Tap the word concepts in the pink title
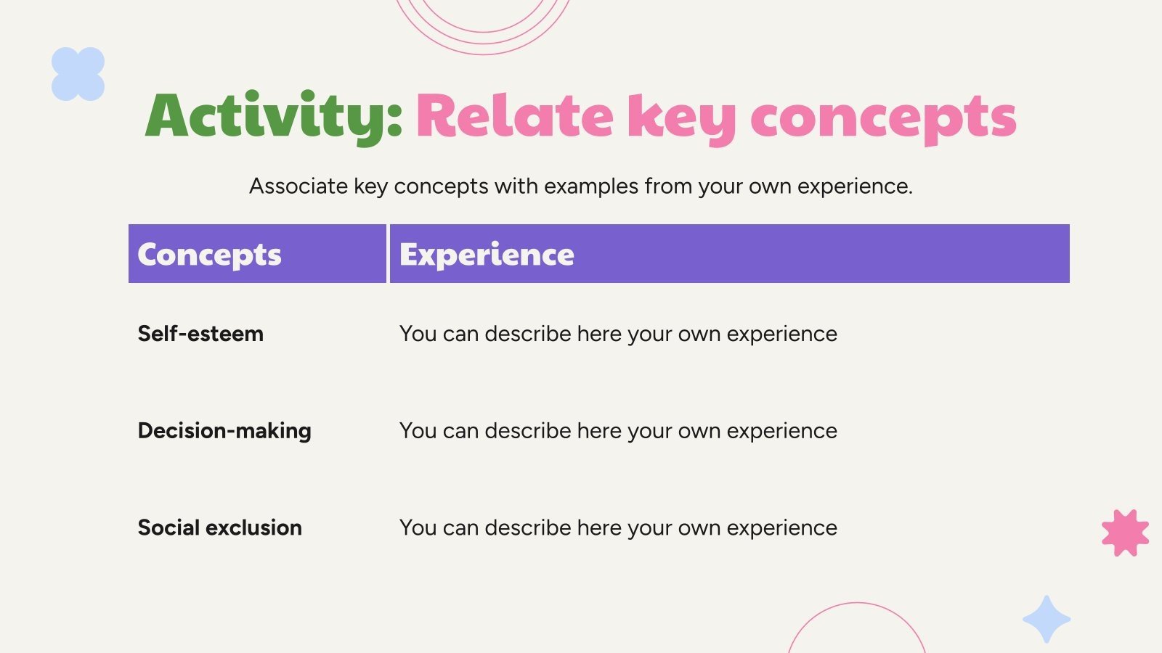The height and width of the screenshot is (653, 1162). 883,119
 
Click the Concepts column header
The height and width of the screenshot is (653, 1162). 209,255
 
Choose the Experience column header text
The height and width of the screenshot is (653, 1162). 487,255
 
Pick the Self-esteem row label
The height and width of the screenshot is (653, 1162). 200,333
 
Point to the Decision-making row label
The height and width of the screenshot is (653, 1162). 224,431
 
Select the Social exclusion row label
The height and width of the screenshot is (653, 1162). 219,527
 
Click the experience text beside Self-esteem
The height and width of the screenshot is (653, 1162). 618,334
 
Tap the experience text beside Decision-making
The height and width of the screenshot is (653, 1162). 618,431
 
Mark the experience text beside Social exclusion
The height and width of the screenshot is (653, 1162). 618,528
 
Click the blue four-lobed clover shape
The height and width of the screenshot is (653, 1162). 78,74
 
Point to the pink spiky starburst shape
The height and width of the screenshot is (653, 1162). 1125,533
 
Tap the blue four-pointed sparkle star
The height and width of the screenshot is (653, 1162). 1047,619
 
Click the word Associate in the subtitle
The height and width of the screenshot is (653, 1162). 298,186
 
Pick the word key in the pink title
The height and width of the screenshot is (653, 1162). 682,119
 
